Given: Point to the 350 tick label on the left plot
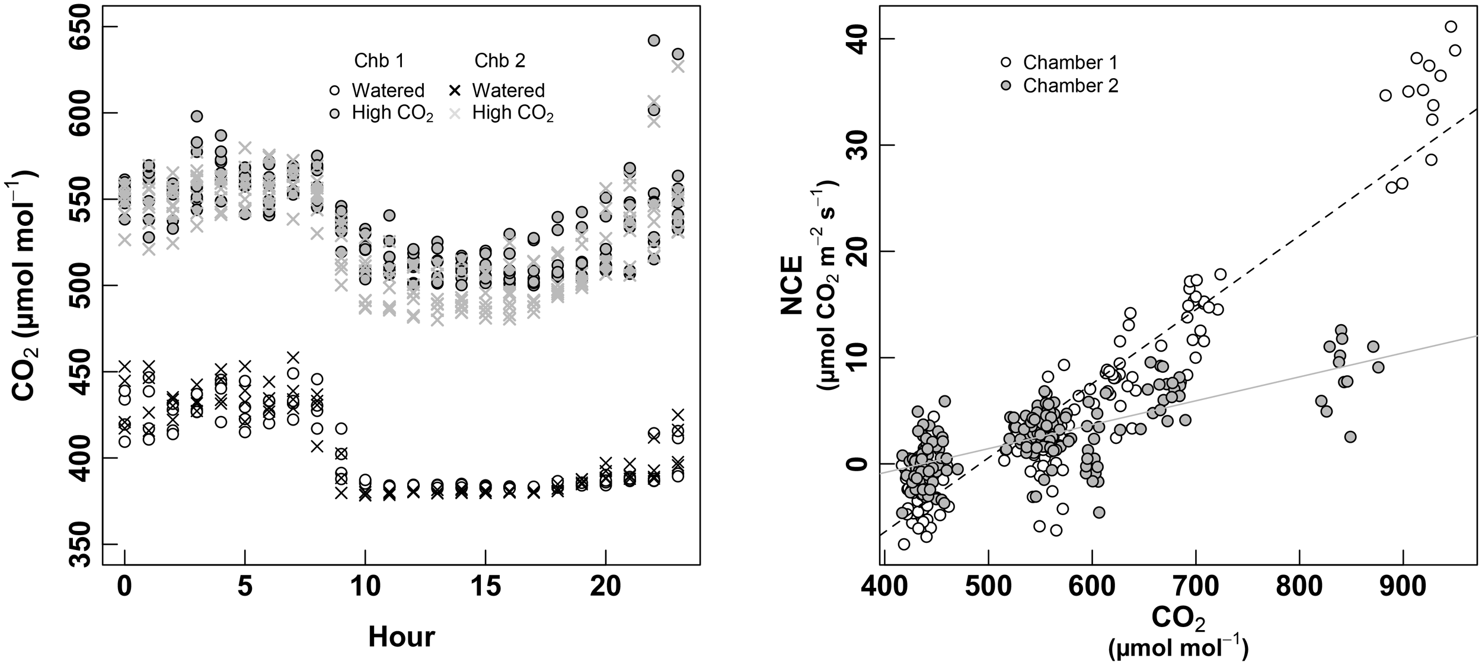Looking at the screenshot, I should click(x=84, y=544).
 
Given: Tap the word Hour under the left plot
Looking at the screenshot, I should click(x=401, y=637).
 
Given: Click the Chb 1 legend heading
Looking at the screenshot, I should click(x=379, y=61).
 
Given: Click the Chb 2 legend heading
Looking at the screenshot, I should click(x=499, y=61).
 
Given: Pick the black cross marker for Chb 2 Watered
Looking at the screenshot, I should click(x=454, y=91).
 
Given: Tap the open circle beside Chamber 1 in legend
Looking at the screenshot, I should click(x=1005, y=62).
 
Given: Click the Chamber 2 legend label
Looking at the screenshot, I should click(x=1070, y=86).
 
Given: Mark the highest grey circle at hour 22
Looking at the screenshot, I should click(x=653, y=40).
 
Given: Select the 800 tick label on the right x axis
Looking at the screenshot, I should click(x=1299, y=587).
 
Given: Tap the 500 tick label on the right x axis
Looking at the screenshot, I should click(x=988, y=587).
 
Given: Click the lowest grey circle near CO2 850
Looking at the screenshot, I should click(x=1350, y=437).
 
